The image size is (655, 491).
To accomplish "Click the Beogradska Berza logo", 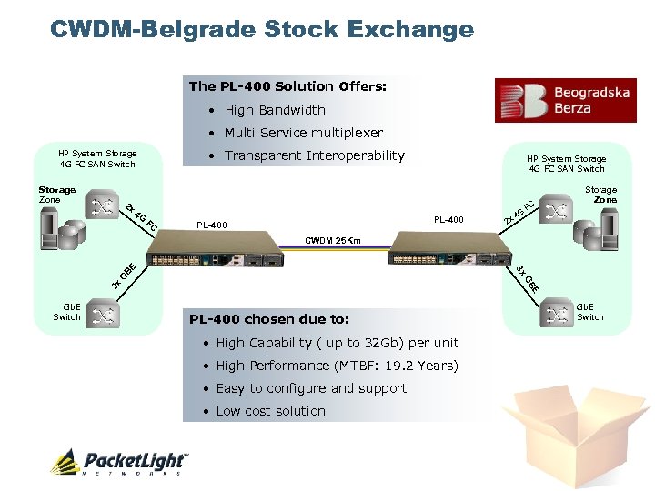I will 565,100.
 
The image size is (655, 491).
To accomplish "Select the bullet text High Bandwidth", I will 275,110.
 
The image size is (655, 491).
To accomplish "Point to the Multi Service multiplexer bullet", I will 304,133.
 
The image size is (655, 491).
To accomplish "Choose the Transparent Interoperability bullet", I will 314,155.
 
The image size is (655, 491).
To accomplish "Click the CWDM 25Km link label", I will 332,241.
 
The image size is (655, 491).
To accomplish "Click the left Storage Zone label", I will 56,195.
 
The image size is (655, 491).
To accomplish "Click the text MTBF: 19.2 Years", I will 400,366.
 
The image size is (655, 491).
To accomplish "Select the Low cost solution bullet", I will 270,411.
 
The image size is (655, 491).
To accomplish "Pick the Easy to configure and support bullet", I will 311,388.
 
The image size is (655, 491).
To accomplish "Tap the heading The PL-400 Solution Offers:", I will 287,86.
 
